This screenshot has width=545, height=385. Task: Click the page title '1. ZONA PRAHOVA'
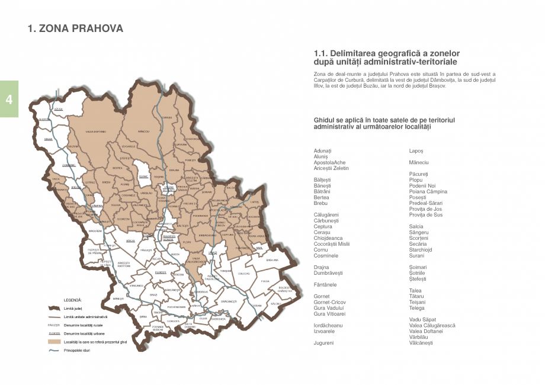76,28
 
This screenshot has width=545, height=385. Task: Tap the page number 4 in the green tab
9,99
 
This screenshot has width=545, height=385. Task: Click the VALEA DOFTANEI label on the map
95,131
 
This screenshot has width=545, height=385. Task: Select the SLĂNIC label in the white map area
143,177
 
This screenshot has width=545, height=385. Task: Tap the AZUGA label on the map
58,110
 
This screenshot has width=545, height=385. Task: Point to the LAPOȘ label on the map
255,202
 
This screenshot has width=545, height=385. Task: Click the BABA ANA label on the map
272,260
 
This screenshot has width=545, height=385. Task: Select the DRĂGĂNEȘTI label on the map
229,301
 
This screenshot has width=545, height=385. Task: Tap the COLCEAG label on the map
244,274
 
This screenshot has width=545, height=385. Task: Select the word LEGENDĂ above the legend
72,300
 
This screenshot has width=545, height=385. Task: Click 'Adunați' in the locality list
323,151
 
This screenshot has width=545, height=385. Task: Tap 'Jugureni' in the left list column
323,343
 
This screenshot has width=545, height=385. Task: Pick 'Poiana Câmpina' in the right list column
428,191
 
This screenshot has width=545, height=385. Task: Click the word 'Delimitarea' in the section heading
355,53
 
